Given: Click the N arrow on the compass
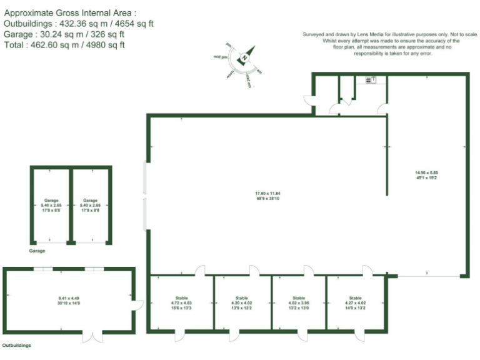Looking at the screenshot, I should tap(246, 55).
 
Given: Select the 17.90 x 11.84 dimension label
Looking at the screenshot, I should tap(267, 196).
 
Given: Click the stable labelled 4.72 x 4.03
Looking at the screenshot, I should tap(182, 302).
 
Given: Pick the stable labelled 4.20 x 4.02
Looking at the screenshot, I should tap(242, 302).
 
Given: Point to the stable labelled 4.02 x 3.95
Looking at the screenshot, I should tap(299, 302).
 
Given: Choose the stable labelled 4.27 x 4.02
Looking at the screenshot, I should tap(355, 302).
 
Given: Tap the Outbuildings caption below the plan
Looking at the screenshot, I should tap(17, 345).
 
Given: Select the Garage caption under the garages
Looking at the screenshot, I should tap(37, 251).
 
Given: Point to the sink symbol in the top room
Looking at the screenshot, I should tap(368, 79).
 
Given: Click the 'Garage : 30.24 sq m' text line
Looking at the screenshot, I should tap(65, 34).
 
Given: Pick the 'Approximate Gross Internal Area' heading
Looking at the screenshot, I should tap(69, 12).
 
